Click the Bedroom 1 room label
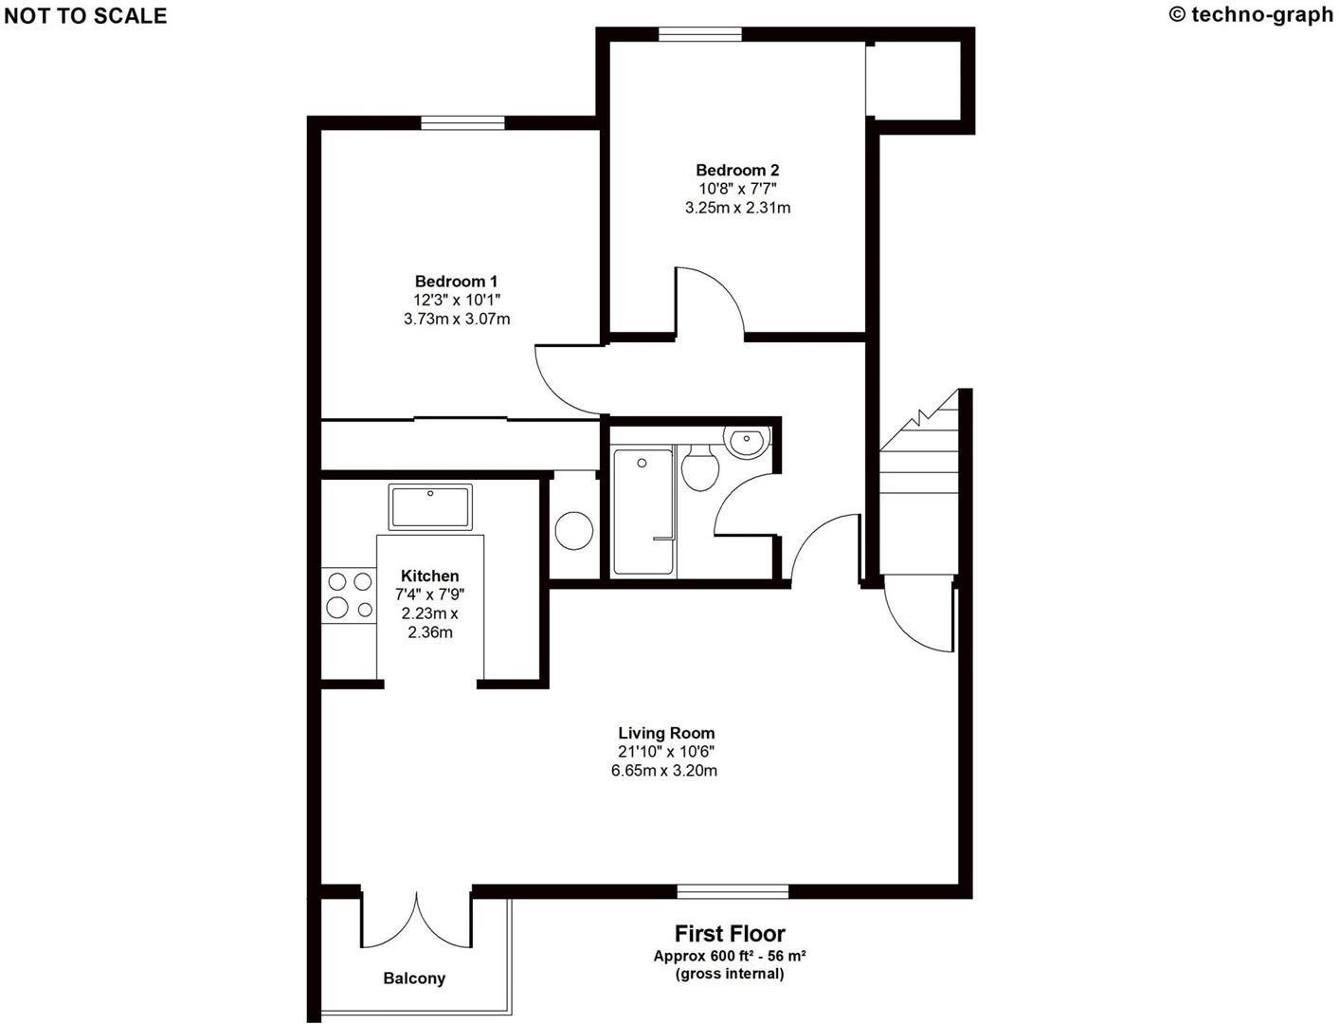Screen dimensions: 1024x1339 (x=456, y=282)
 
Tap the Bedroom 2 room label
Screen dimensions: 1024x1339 (x=737, y=171)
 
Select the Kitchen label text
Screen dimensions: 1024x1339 (x=429, y=576)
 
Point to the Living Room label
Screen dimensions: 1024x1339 (x=666, y=733)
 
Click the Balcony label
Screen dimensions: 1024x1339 (x=414, y=978)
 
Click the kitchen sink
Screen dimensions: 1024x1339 (x=430, y=507)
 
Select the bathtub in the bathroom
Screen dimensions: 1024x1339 (x=643, y=512)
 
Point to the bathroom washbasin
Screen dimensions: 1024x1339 (x=747, y=441)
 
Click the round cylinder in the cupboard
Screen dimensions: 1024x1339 (x=574, y=531)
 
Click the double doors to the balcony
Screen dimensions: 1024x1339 (x=416, y=920)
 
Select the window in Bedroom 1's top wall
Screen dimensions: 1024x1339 (x=462, y=121)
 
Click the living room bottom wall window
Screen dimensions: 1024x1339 (x=733, y=891)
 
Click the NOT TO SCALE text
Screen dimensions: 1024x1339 (x=85, y=16)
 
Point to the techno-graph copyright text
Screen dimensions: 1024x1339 (x=1252, y=14)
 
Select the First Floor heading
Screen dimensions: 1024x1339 (x=730, y=934)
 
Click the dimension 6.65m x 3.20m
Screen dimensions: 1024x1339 (x=663, y=771)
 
